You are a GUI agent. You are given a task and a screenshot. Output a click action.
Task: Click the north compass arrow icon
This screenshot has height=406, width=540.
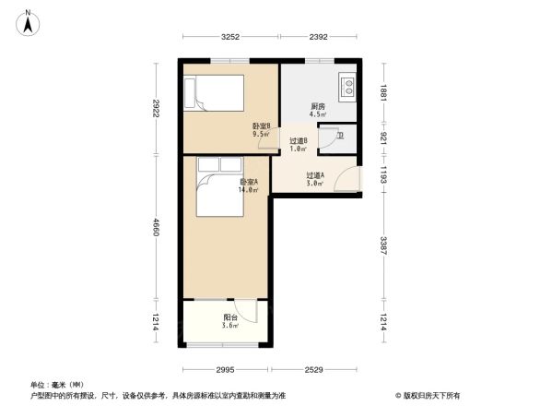(29, 21)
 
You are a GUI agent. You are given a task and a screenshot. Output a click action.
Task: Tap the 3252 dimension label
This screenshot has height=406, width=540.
(230, 37)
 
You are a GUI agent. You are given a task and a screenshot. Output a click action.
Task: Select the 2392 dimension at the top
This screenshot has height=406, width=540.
(318, 37)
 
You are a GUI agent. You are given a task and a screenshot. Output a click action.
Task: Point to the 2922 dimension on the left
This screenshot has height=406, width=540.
(158, 109)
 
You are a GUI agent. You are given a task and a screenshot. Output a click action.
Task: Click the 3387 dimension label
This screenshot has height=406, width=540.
(384, 246)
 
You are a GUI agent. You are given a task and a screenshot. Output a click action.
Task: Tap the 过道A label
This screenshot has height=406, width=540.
(314, 176)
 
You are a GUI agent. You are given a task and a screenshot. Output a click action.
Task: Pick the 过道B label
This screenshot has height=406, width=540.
(298, 141)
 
